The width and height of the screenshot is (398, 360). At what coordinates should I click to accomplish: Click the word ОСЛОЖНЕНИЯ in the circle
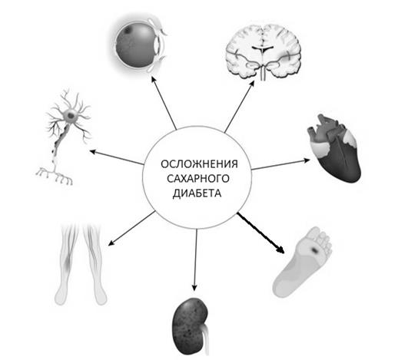[x=199, y=164]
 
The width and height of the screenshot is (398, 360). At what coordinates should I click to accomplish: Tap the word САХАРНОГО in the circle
[x=198, y=179]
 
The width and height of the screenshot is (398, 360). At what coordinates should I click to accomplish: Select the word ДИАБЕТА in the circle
[x=197, y=193]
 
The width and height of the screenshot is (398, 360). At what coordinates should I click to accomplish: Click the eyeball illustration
[x=140, y=45]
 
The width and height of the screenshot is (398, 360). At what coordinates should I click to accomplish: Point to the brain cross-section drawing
[x=263, y=51]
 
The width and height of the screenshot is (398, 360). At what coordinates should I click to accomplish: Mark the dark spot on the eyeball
[x=128, y=31]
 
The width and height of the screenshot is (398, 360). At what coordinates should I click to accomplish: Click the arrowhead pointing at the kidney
[x=194, y=288]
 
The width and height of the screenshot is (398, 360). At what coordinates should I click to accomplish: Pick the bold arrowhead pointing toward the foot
[x=280, y=249]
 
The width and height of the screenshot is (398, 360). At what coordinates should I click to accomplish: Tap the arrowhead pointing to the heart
[x=307, y=160]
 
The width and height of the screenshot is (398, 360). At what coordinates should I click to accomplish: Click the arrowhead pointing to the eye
[x=154, y=79]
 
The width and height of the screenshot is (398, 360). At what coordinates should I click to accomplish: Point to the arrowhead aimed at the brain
[x=252, y=84]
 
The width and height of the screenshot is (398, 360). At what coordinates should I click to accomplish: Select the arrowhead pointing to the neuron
[x=93, y=152]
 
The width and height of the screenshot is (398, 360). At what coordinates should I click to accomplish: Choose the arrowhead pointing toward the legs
[x=111, y=243]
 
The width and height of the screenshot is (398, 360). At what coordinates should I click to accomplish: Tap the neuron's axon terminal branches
[x=55, y=176]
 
